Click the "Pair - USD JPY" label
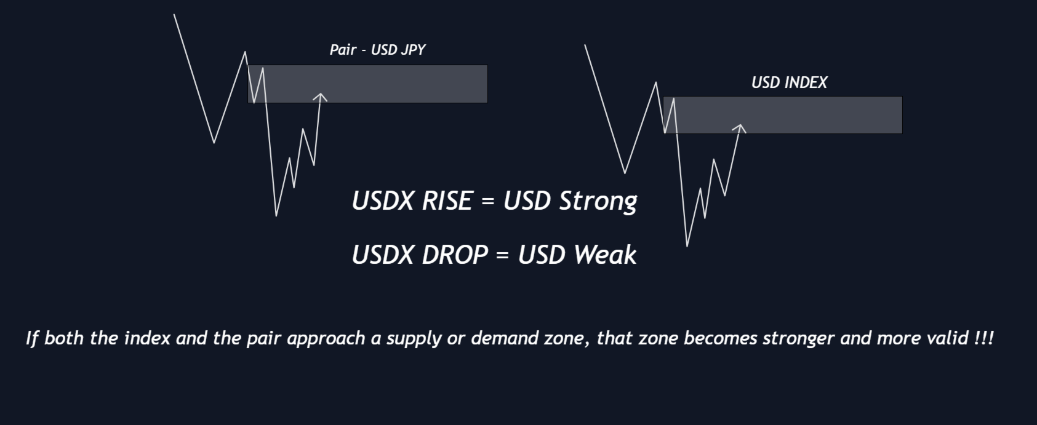[377, 50]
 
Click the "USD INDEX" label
[790, 83]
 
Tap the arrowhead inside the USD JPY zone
[320, 97]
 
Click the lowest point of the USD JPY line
[276, 215]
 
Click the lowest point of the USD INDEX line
[687, 246]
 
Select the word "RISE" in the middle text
[447, 201]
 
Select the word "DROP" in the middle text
[455, 255]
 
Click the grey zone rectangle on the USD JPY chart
[367, 84]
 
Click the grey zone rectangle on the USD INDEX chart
[783, 115]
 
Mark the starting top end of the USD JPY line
[174, 14]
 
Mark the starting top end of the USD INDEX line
[585, 45]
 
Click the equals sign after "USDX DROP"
[503, 255]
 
